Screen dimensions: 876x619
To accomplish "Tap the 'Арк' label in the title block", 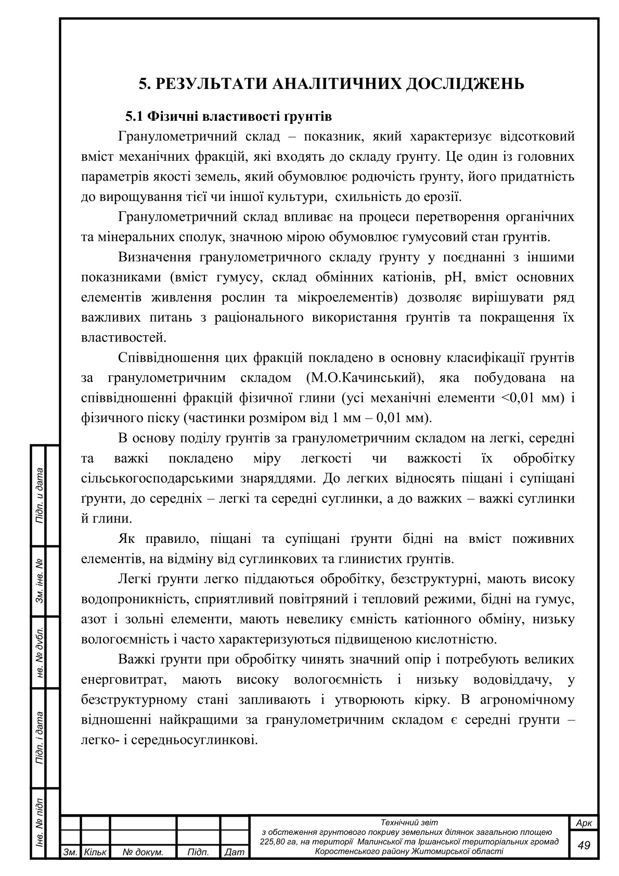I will (x=584, y=823).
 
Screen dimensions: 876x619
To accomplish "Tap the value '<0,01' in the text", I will (x=519, y=398).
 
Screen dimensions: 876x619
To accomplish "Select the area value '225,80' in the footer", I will (x=273, y=842).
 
